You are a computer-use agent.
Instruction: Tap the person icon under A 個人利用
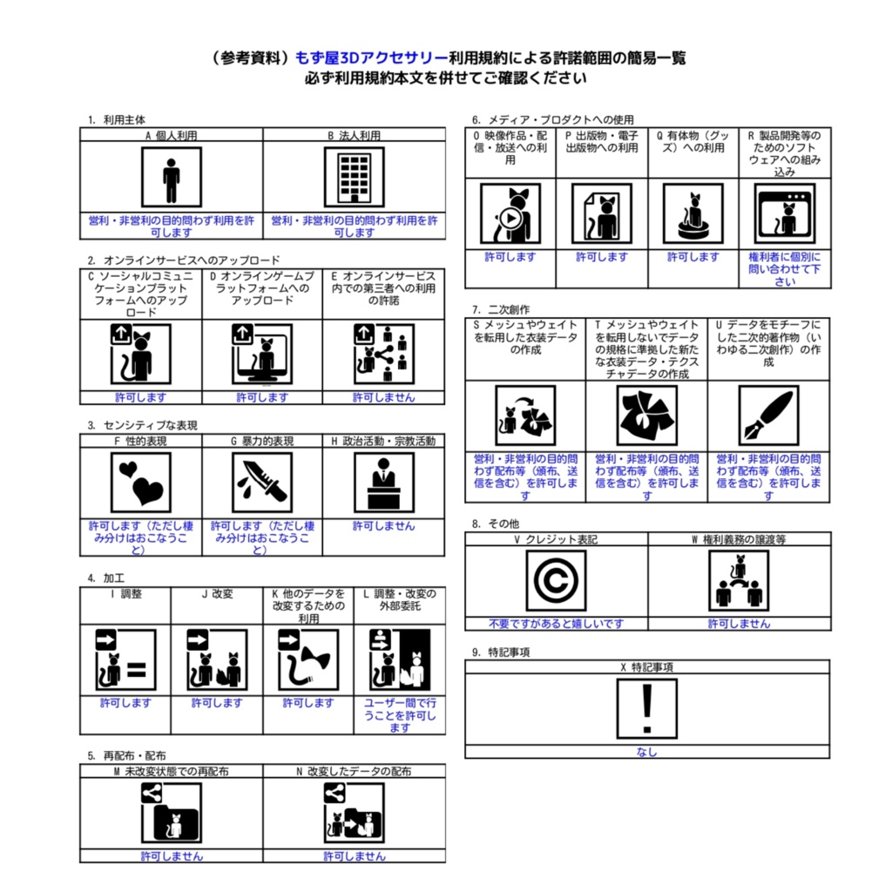[171, 177]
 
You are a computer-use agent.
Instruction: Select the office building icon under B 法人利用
[354, 177]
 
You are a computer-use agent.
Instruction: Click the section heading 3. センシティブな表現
[142, 425]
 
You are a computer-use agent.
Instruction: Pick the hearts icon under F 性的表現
[141, 482]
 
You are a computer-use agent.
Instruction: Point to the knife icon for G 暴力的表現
[262, 482]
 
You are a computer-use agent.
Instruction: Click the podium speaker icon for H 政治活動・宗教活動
[383, 482]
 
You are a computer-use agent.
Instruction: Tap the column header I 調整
[125, 594]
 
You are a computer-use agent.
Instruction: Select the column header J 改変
[217, 594]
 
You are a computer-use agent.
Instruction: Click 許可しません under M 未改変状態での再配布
[172, 856]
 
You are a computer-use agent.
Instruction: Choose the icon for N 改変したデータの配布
[354, 813]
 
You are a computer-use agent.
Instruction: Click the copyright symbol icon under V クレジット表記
[556, 580]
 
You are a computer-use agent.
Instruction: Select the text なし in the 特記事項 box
[646, 753]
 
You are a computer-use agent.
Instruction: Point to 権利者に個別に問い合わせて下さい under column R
[785, 269]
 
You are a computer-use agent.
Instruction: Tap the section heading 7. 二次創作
[500, 309]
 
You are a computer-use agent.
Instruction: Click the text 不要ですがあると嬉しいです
[556, 624]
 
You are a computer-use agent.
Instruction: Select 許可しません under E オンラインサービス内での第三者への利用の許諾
[383, 397]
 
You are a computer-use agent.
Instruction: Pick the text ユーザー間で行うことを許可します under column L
[399, 715]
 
